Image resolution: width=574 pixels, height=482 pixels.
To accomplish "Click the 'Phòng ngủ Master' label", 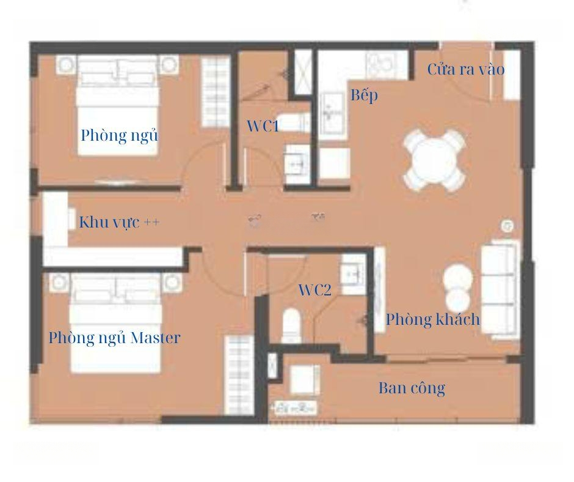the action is click(114, 338).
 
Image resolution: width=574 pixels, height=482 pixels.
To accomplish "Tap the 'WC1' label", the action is click(263, 127).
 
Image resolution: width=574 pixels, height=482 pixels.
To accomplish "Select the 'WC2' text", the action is click(315, 290).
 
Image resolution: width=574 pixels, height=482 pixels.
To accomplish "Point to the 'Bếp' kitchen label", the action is click(364, 95).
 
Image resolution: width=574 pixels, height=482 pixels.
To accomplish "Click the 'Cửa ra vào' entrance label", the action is click(466, 69).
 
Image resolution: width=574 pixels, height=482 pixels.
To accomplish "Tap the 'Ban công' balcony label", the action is click(412, 388).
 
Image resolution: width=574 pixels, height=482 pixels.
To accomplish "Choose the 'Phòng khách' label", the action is click(433, 319).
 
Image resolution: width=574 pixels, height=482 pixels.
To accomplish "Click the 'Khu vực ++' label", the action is click(119, 223).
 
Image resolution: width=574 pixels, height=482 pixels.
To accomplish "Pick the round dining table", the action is click(434, 160).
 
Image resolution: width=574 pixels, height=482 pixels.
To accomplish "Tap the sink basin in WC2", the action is click(353, 273).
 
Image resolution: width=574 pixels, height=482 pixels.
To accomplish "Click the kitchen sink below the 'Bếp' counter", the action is click(332, 115).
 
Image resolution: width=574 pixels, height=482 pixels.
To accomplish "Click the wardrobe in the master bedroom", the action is click(239, 375).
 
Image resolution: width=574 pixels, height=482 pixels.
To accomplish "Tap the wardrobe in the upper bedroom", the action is click(216, 92).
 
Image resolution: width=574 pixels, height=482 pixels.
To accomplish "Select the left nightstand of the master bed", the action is click(59, 283).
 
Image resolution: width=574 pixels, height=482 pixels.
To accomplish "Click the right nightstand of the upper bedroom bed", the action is click(169, 65).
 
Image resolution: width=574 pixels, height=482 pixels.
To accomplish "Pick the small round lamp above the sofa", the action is click(507, 226).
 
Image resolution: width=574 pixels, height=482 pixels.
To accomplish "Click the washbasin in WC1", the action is click(297, 164).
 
